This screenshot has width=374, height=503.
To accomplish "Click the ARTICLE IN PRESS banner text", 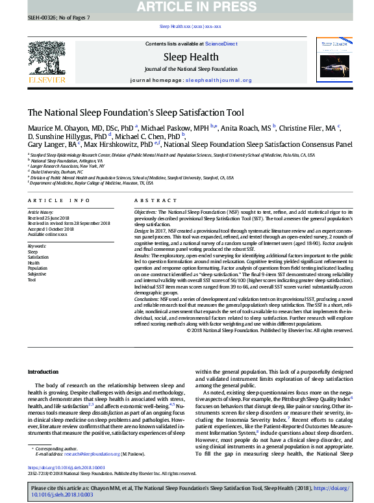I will tap(187, 7).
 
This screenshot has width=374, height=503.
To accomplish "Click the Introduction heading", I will tap(43, 372).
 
